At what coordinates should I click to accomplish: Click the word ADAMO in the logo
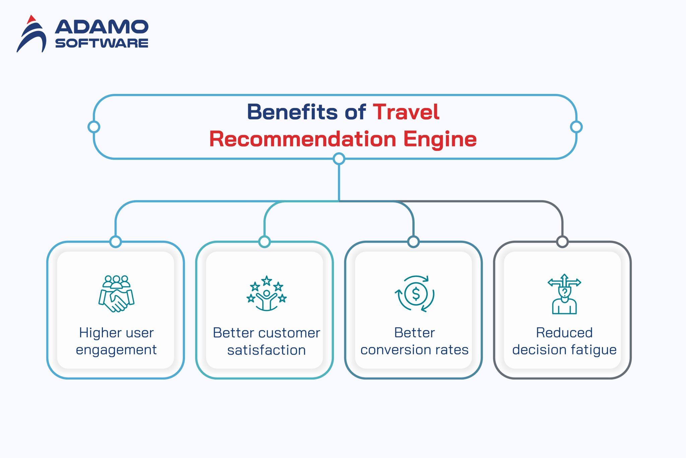click(101, 27)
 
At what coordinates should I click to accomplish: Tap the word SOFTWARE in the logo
click(101, 43)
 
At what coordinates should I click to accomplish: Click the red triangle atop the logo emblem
click(31, 19)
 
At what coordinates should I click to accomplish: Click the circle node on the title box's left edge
click(94, 127)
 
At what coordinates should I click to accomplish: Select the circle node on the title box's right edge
click(576, 127)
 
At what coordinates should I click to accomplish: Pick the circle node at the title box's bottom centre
click(339, 159)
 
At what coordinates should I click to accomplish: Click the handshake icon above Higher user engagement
click(116, 294)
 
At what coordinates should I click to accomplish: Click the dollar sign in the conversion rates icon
click(416, 294)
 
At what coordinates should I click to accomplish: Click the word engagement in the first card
click(116, 350)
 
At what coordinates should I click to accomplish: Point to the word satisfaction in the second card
click(266, 350)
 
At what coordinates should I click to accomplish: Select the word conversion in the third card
click(394, 350)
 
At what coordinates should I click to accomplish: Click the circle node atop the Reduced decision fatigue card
click(562, 241)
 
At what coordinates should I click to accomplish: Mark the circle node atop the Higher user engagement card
click(116, 241)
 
